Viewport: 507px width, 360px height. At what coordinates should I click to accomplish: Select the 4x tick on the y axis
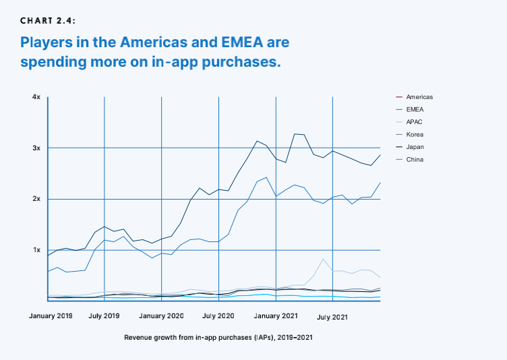36,97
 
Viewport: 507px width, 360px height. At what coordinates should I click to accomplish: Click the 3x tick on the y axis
36,148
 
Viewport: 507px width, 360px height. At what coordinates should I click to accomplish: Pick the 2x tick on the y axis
36,199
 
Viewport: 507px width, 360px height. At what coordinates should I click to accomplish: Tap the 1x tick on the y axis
36,250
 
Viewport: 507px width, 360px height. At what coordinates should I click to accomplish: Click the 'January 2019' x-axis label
51,316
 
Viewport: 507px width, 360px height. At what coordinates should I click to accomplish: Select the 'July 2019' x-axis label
105,316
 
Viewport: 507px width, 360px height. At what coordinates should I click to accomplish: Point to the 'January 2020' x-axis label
162,316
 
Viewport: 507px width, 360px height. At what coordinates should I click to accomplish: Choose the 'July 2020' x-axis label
218,316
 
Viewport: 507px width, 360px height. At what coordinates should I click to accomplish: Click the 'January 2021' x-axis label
276,316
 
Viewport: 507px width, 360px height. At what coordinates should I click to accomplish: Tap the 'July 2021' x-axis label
332,316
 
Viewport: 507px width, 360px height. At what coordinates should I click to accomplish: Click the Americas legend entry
419,97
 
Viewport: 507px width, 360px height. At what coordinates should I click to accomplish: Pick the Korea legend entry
415,134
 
